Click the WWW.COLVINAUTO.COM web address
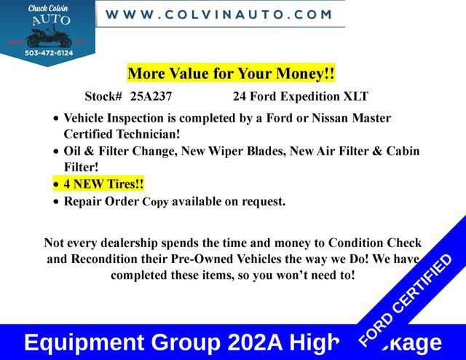pos(219,14)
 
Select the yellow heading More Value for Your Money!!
pos(231,74)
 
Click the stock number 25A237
pos(151,96)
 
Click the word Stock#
pos(103,96)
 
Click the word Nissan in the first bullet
pos(343,118)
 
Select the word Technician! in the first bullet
pos(146,134)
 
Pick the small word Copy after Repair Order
pos(155,202)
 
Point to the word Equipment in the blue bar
pos(82,342)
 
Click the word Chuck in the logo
pos(36,9)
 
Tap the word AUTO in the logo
pos(48,20)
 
